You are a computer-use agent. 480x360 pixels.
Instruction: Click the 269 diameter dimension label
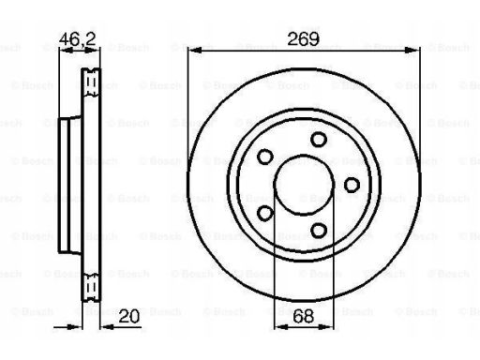303,39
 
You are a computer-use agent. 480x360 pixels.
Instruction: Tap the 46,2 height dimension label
77,39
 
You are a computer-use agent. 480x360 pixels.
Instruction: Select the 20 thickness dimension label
129,317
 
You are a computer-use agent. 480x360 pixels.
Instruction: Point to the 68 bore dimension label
304,316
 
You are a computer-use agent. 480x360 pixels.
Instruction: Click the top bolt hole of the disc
319,140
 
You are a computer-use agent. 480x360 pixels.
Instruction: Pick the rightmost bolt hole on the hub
352,185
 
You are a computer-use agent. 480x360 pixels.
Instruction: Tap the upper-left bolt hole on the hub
265,157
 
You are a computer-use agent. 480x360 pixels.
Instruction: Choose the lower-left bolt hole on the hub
265,213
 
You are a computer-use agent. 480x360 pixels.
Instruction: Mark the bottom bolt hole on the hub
319,231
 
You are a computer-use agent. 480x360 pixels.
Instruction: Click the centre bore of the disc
304,185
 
